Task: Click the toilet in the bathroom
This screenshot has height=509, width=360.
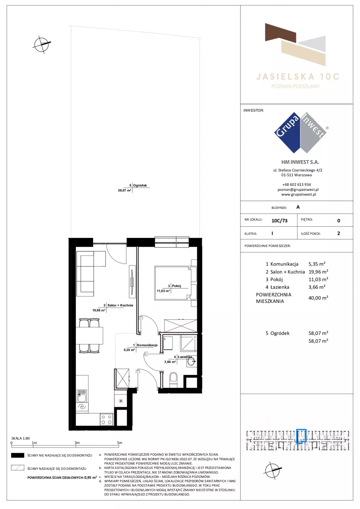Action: click(173, 380)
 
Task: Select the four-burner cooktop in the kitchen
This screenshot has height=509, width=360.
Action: click(106, 420)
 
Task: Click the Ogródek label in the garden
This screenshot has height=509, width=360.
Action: click(140, 186)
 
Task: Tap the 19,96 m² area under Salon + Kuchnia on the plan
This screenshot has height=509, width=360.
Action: click(99, 310)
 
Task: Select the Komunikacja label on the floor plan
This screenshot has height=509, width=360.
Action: click(147, 345)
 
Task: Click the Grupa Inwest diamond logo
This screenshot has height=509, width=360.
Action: click(301, 133)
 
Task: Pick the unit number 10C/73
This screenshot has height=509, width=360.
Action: click(279, 221)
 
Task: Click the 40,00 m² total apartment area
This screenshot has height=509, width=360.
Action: click(318, 298)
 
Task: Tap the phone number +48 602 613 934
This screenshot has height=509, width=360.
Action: click(297, 185)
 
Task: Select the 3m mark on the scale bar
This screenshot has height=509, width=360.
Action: click(77, 443)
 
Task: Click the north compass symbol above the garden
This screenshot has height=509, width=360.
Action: click(42, 44)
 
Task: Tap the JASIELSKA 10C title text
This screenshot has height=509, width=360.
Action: click(298, 77)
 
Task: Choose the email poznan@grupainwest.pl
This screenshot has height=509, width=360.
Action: click(298, 189)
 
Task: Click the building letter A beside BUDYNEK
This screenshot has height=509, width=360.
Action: click(298, 207)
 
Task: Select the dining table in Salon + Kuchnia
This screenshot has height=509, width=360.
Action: click(89, 335)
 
